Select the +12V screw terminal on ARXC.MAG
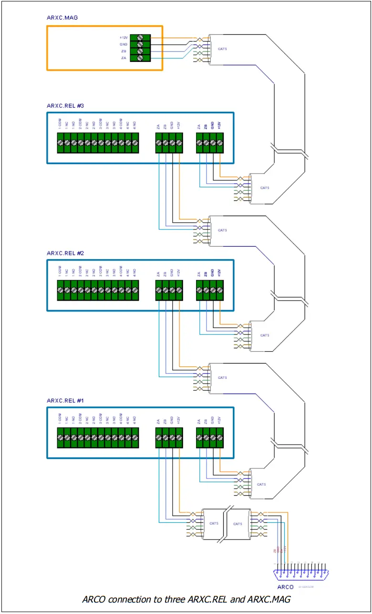(x=140, y=37)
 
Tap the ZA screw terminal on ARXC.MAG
(x=140, y=58)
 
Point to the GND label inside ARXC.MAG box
(x=124, y=44)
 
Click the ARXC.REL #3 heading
(x=65, y=105)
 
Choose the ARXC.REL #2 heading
(x=65, y=253)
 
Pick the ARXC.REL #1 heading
(x=65, y=400)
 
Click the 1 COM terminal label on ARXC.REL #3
(x=60, y=125)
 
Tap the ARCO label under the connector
(x=285, y=587)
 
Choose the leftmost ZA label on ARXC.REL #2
(x=158, y=274)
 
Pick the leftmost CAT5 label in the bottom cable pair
(x=214, y=523)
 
